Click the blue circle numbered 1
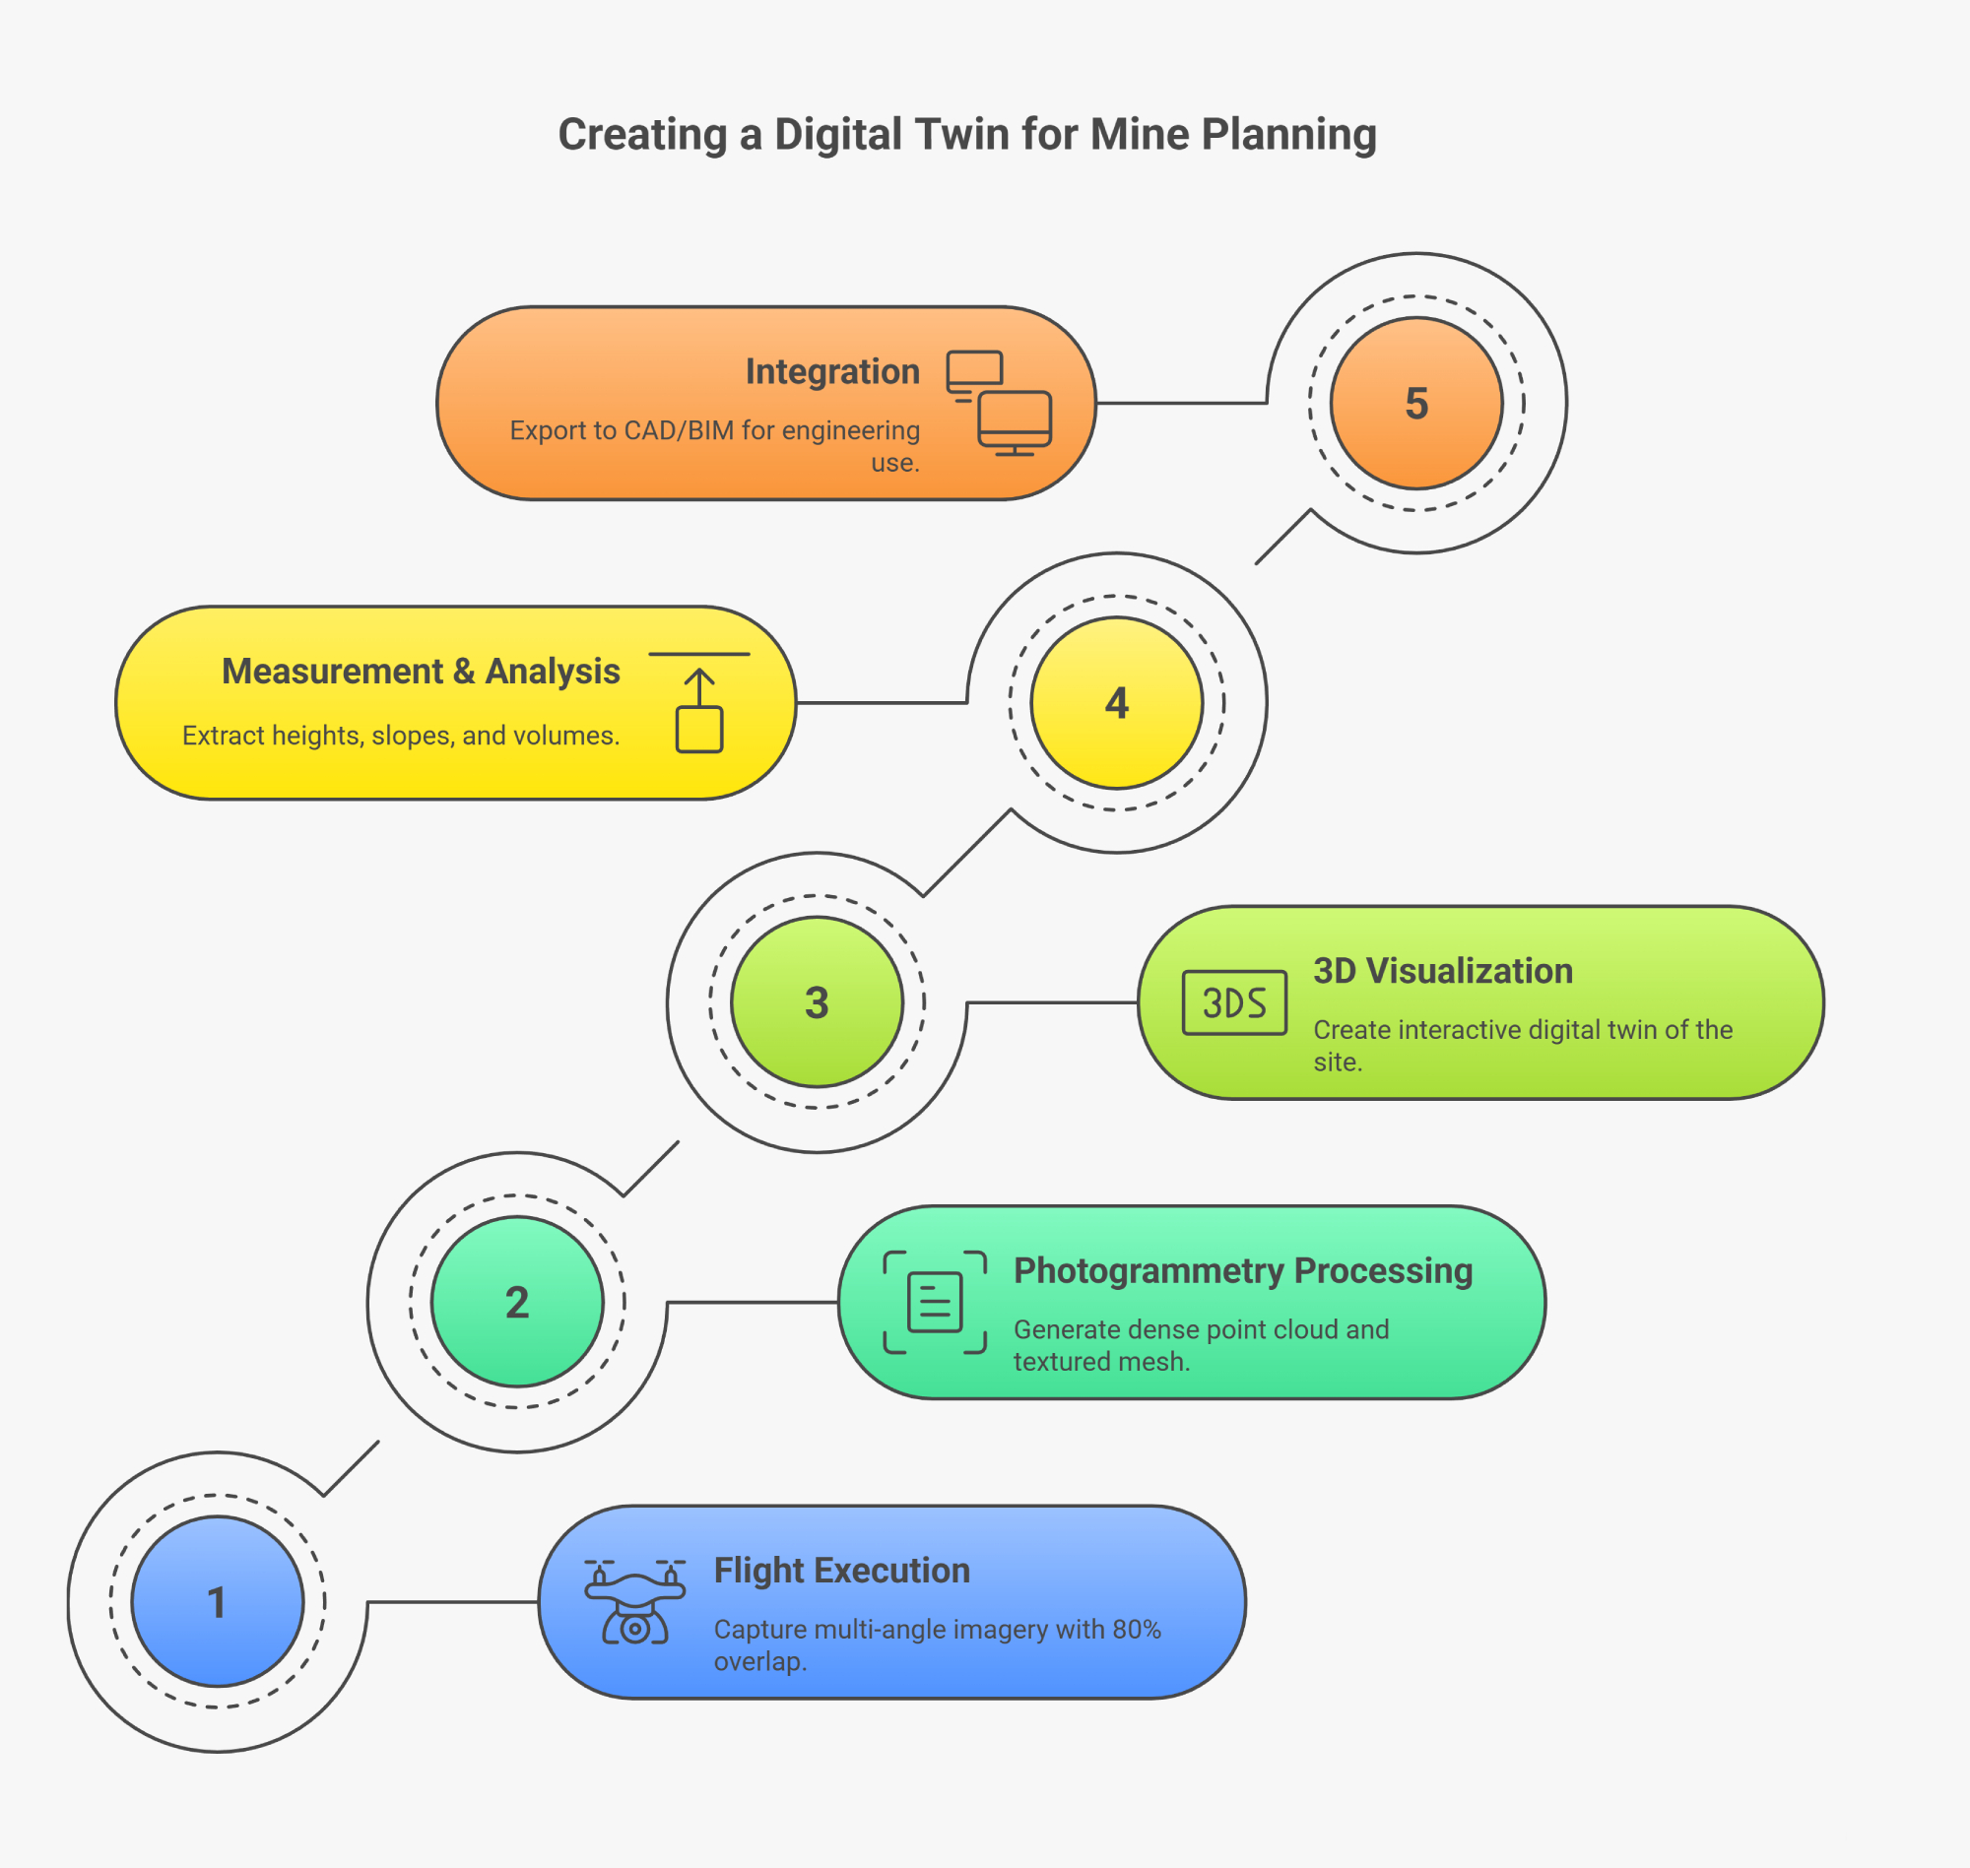[x=217, y=1601]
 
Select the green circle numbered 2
[x=517, y=1302]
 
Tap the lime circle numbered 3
[x=817, y=1001]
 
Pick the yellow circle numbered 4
[x=1116, y=702]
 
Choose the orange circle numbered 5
[x=1416, y=403]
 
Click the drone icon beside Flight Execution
[x=634, y=1601]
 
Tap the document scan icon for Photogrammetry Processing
[x=934, y=1302]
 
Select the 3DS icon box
[x=1234, y=1001]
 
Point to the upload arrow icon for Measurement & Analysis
[x=699, y=703]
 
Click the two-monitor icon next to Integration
[x=999, y=403]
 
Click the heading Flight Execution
[x=841, y=1571]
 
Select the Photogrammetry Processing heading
[x=1243, y=1270]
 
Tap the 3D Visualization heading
[x=1443, y=971]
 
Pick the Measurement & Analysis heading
[x=421, y=672]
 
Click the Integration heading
[x=832, y=371]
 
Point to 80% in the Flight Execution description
[x=1137, y=1630]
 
